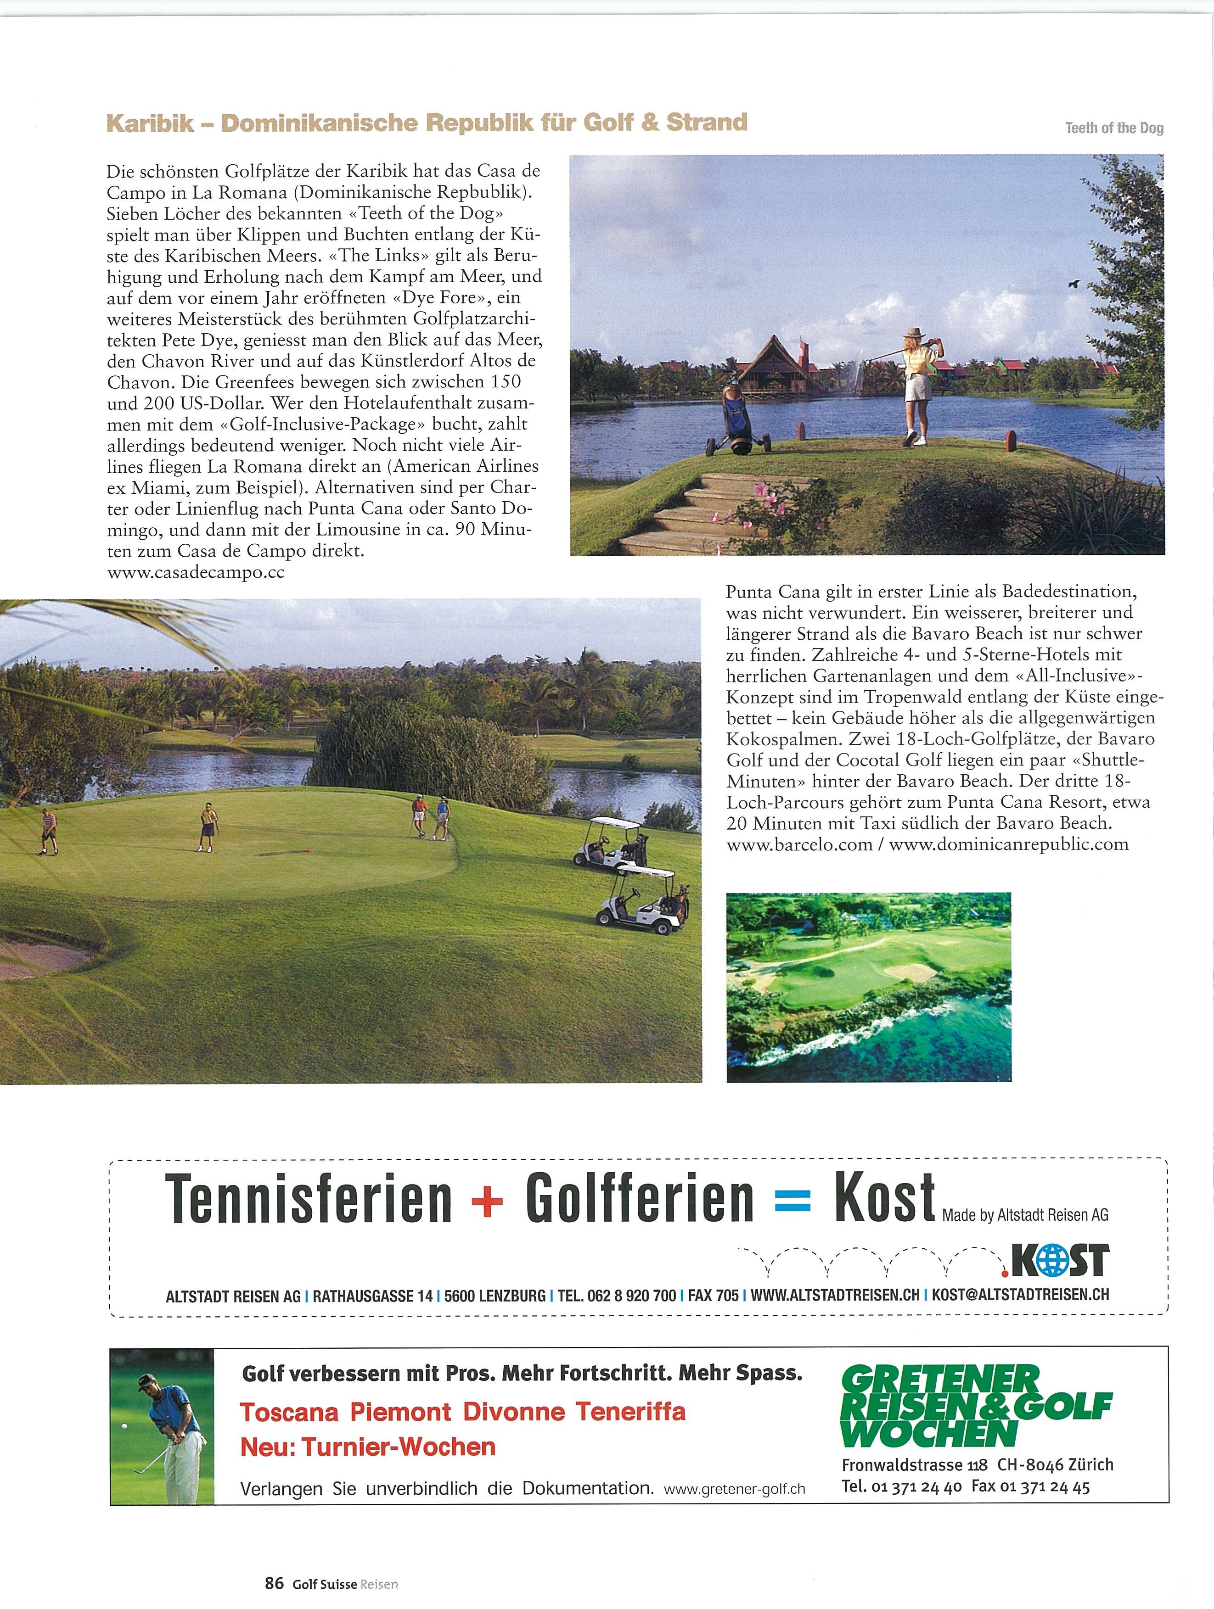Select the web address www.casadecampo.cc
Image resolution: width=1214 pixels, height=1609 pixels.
[x=195, y=572]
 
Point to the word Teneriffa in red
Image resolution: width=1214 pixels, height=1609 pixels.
[x=630, y=1412]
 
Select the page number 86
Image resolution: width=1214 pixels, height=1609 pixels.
[x=274, y=1583]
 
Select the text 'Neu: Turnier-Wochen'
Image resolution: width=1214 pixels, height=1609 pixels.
[x=367, y=1447]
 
